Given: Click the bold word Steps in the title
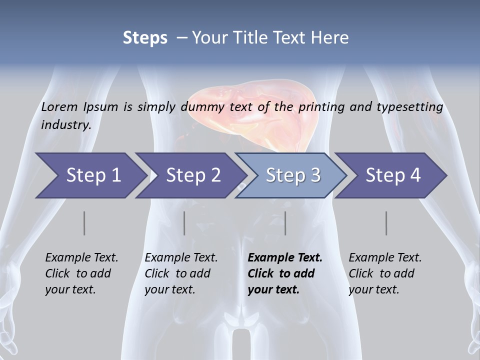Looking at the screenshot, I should click(145, 38).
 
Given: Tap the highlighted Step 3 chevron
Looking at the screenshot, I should click(293, 175).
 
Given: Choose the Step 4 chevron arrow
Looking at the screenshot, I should click(393, 175).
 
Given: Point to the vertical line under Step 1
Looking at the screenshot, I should click(84, 223).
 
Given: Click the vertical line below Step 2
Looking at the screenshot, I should click(184, 223).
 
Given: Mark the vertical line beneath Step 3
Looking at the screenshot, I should click(285, 223).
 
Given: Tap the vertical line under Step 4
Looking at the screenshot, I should click(386, 223).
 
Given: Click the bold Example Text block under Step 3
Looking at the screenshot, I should click(285, 273).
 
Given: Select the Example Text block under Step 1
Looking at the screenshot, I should click(81, 273).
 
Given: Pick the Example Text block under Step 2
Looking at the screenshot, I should click(181, 273).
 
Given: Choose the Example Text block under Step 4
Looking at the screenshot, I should click(385, 273).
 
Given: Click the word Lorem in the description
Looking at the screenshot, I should click(59, 107).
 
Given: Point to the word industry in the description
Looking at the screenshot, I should click(66, 124).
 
